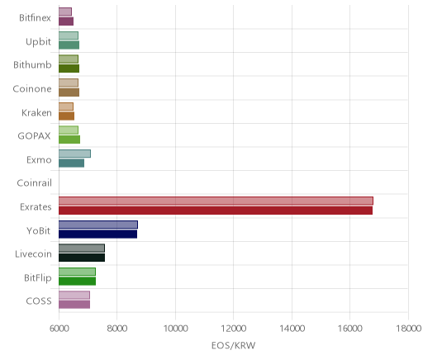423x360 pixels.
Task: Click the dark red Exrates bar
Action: coord(216,211)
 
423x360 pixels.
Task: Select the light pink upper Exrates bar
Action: coord(216,201)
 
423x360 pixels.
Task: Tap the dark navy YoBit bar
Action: coord(97,234)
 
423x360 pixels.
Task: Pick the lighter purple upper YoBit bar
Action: coord(98,225)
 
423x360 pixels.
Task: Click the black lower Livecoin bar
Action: coord(82,258)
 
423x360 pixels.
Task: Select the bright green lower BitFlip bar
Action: coord(77,282)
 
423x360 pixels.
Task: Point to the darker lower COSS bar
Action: coord(74,305)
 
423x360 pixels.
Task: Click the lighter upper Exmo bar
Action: coord(74,154)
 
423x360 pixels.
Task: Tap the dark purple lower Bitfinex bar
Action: coord(66,21)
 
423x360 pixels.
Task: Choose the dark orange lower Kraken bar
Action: coord(66,116)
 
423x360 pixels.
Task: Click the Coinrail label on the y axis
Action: coord(34,182)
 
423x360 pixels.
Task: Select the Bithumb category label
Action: coord(32,64)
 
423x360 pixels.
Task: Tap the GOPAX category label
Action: coord(34,135)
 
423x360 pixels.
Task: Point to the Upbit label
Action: coord(38,41)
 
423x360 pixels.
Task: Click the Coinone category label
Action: coord(32,88)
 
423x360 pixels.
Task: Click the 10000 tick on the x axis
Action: coord(175,329)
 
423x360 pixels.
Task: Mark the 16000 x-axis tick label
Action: coord(350,329)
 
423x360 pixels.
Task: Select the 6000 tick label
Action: coord(59,329)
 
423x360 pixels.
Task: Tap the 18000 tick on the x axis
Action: coord(408,329)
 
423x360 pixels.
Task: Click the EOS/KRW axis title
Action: coord(234,345)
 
